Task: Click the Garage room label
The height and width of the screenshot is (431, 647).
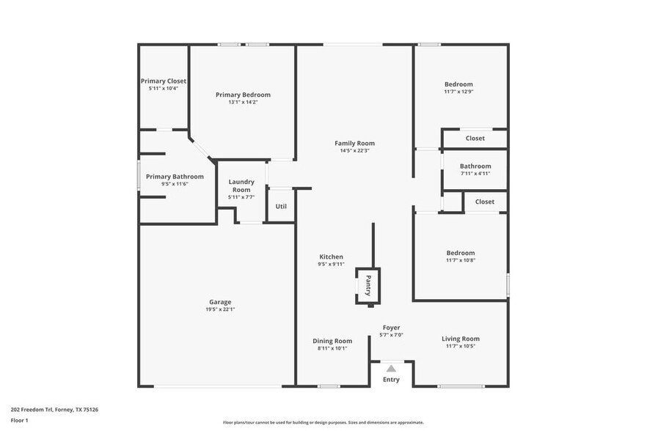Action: [x=220, y=302]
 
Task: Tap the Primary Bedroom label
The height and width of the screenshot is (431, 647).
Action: [x=243, y=95]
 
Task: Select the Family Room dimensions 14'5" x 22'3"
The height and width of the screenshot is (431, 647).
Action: [x=354, y=151]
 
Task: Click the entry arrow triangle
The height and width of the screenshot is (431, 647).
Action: [x=391, y=368]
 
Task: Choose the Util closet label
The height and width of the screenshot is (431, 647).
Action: [x=281, y=206]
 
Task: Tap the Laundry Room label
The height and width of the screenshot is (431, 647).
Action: [x=241, y=185]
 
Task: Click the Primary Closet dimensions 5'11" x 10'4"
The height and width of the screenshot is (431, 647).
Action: [x=164, y=88]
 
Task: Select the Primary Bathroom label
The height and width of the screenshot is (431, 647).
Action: [x=175, y=177]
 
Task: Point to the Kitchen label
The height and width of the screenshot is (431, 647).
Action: [x=331, y=257]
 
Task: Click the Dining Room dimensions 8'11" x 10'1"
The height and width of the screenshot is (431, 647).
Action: [x=332, y=348]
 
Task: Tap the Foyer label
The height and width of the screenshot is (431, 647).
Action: [x=391, y=327]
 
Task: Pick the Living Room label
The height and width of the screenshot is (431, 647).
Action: [x=461, y=339]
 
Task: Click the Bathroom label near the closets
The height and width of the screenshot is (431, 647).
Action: [x=475, y=166]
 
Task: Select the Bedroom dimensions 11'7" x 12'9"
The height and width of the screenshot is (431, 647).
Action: [x=458, y=92]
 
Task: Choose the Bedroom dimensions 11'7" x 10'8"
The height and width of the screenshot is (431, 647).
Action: [x=461, y=260]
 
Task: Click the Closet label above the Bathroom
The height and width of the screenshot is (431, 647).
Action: [x=475, y=138]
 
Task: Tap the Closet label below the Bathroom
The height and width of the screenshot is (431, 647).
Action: [x=484, y=202]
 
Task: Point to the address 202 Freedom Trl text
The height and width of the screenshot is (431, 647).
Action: [x=55, y=410]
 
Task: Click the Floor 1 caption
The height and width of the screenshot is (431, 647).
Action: [x=19, y=420]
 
